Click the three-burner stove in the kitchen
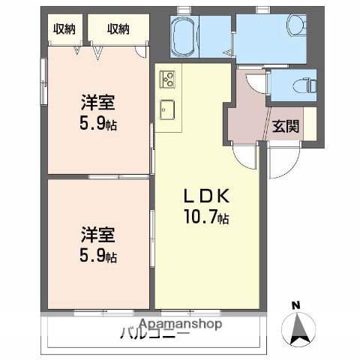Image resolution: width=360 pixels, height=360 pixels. click(166, 77)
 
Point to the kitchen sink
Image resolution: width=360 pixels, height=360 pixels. click(166, 109)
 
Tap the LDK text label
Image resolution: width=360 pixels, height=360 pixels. click(207, 197)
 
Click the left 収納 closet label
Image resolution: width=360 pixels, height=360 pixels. click(64, 29)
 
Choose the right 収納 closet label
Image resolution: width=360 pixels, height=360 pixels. click(118, 29)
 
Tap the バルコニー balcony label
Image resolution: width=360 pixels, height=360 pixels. click(154, 335)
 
